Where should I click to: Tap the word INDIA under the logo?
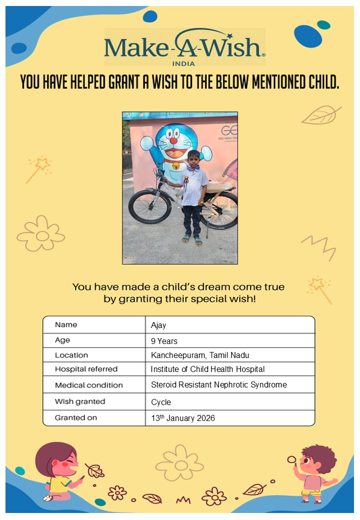tap(183, 63)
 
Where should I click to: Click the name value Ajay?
tap(158, 325)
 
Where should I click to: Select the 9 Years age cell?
tap(164, 341)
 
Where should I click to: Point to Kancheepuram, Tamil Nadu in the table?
tap(200, 355)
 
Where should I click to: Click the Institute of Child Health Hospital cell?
tap(207, 369)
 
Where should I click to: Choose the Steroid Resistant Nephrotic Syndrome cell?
tap(219, 385)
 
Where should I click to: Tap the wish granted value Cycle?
tap(161, 402)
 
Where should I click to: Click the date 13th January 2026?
tap(183, 418)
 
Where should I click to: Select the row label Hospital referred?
tap(86, 369)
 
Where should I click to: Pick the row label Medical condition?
tap(88, 385)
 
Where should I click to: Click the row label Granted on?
tap(76, 417)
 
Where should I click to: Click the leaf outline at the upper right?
tap(320, 115)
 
